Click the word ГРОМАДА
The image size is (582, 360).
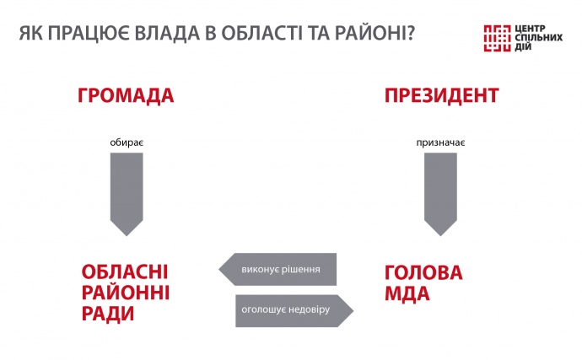pos(126,95)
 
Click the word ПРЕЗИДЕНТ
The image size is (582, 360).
pos(441,95)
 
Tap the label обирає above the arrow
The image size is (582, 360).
pos(127,142)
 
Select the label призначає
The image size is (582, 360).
pos(440,142)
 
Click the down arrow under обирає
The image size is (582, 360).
pos(127,195)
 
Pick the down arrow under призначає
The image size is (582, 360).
pos(440,195)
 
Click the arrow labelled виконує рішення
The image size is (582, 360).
pos(278,270)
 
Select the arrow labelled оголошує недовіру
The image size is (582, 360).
pos(294,310)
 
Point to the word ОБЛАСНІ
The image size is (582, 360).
pos(125,272)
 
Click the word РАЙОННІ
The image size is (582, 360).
pos(126,293)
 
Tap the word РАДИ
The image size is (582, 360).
pos(108,314)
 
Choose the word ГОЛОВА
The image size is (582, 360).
pos(423,273)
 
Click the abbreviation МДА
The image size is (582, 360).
pos(407,294)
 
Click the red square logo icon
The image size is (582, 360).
pos(498,38)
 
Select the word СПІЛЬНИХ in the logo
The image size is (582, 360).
pos(539,38)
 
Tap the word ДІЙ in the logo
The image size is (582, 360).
pos(523,46)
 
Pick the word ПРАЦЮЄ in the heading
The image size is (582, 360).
pos(89,34)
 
